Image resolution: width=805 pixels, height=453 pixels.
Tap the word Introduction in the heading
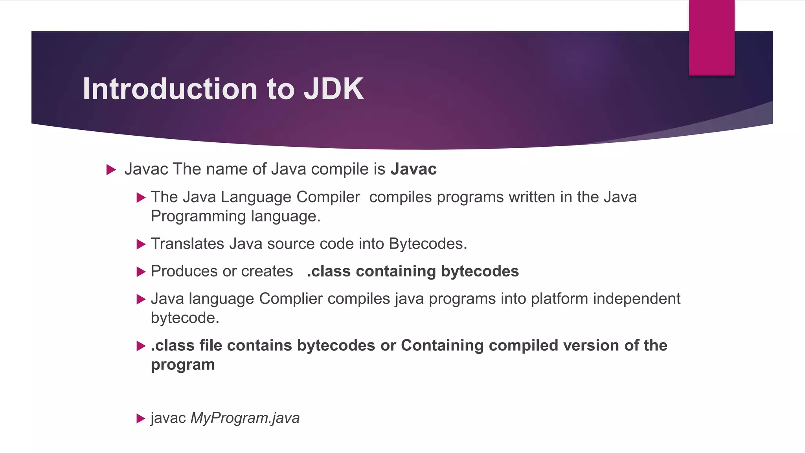[x=170, y=89]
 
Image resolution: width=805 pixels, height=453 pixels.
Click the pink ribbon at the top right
[x=711, y=37]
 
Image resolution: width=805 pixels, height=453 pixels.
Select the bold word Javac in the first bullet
[x=413, y=169]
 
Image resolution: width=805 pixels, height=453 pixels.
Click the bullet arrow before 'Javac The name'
[x=111, y=170]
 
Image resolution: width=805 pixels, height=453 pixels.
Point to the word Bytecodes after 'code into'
[x=428, y=244]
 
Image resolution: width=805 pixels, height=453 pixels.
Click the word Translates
[x=187, y=244]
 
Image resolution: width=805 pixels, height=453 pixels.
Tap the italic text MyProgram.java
[x=245, y=418]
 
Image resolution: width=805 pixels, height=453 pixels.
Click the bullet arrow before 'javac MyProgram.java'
[x=141, y=418]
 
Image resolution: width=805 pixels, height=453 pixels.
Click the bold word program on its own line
[x=183, y=365]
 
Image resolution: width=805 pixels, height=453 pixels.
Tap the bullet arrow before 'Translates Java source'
[x=141, y=245]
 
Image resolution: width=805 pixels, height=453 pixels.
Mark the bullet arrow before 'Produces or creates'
[x=141, y=272]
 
